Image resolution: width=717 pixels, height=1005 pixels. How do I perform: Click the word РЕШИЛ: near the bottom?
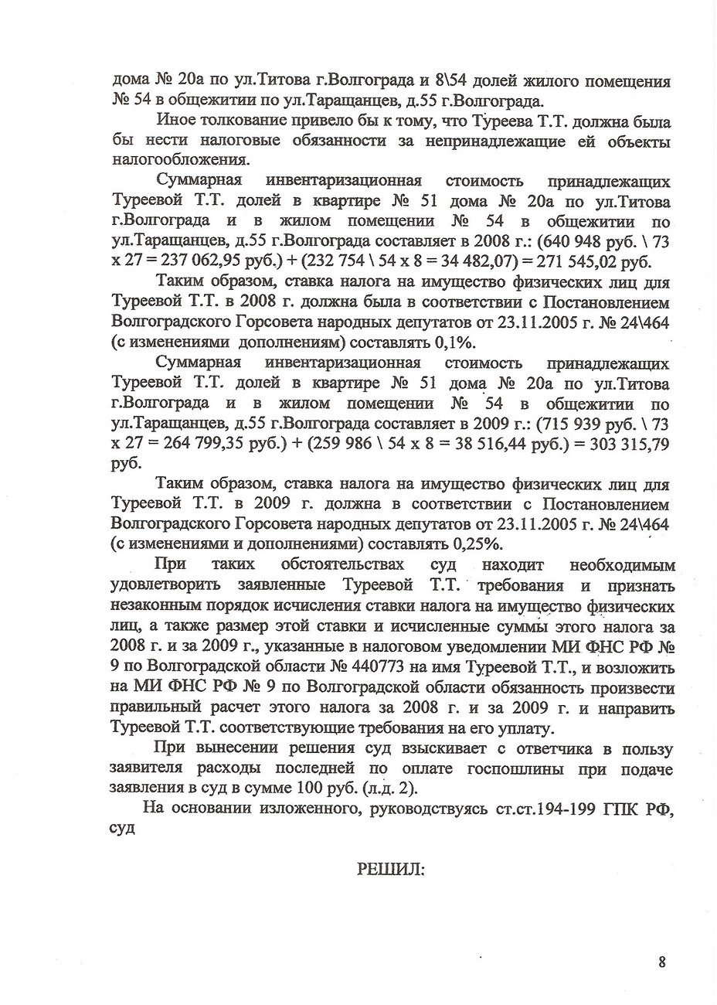click(x=390, y=869)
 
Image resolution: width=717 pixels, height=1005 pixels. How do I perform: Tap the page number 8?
click(x=661, y=962)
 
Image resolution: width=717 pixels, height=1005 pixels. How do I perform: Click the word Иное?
click(x=176, y=121)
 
